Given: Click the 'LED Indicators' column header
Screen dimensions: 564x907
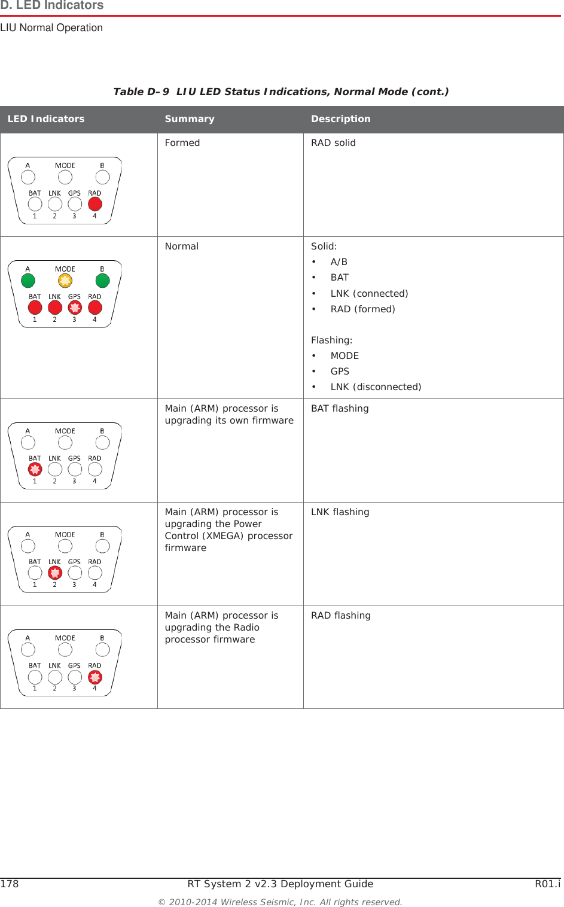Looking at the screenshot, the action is [46, 119].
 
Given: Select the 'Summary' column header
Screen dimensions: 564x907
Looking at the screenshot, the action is [189, 119].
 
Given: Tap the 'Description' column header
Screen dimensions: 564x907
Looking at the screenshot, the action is [340, 119].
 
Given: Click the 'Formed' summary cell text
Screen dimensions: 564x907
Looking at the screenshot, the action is [182, 143].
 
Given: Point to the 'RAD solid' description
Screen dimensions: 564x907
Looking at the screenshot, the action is [333, 143].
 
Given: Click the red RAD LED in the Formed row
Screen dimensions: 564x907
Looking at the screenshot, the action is [95, 204].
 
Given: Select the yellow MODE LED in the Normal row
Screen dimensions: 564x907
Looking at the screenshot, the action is [65, 281].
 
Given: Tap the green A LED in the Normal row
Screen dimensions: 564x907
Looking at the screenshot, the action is [28, 281].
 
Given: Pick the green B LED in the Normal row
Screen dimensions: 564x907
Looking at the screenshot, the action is [103, 281].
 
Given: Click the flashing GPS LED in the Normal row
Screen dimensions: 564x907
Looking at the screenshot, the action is [75, 308].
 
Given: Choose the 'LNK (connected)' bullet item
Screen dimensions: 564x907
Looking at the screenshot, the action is [369, 294].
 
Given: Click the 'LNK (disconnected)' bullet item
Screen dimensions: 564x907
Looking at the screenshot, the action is [376, 387].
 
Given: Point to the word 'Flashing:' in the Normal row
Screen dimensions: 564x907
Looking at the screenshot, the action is [331, 340].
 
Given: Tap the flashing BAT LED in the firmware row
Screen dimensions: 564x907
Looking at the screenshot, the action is [35, 470].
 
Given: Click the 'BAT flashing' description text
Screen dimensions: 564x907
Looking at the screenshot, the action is [340, 409].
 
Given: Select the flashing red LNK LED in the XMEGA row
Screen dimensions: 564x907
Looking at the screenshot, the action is [55, 573].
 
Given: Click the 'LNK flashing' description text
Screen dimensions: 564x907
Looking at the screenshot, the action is [340, 512].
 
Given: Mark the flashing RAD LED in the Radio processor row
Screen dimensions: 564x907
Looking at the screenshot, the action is [95, 677].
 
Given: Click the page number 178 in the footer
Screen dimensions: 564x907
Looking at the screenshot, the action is [10, 884].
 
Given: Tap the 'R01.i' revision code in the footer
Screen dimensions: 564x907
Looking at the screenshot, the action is [547, 884].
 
